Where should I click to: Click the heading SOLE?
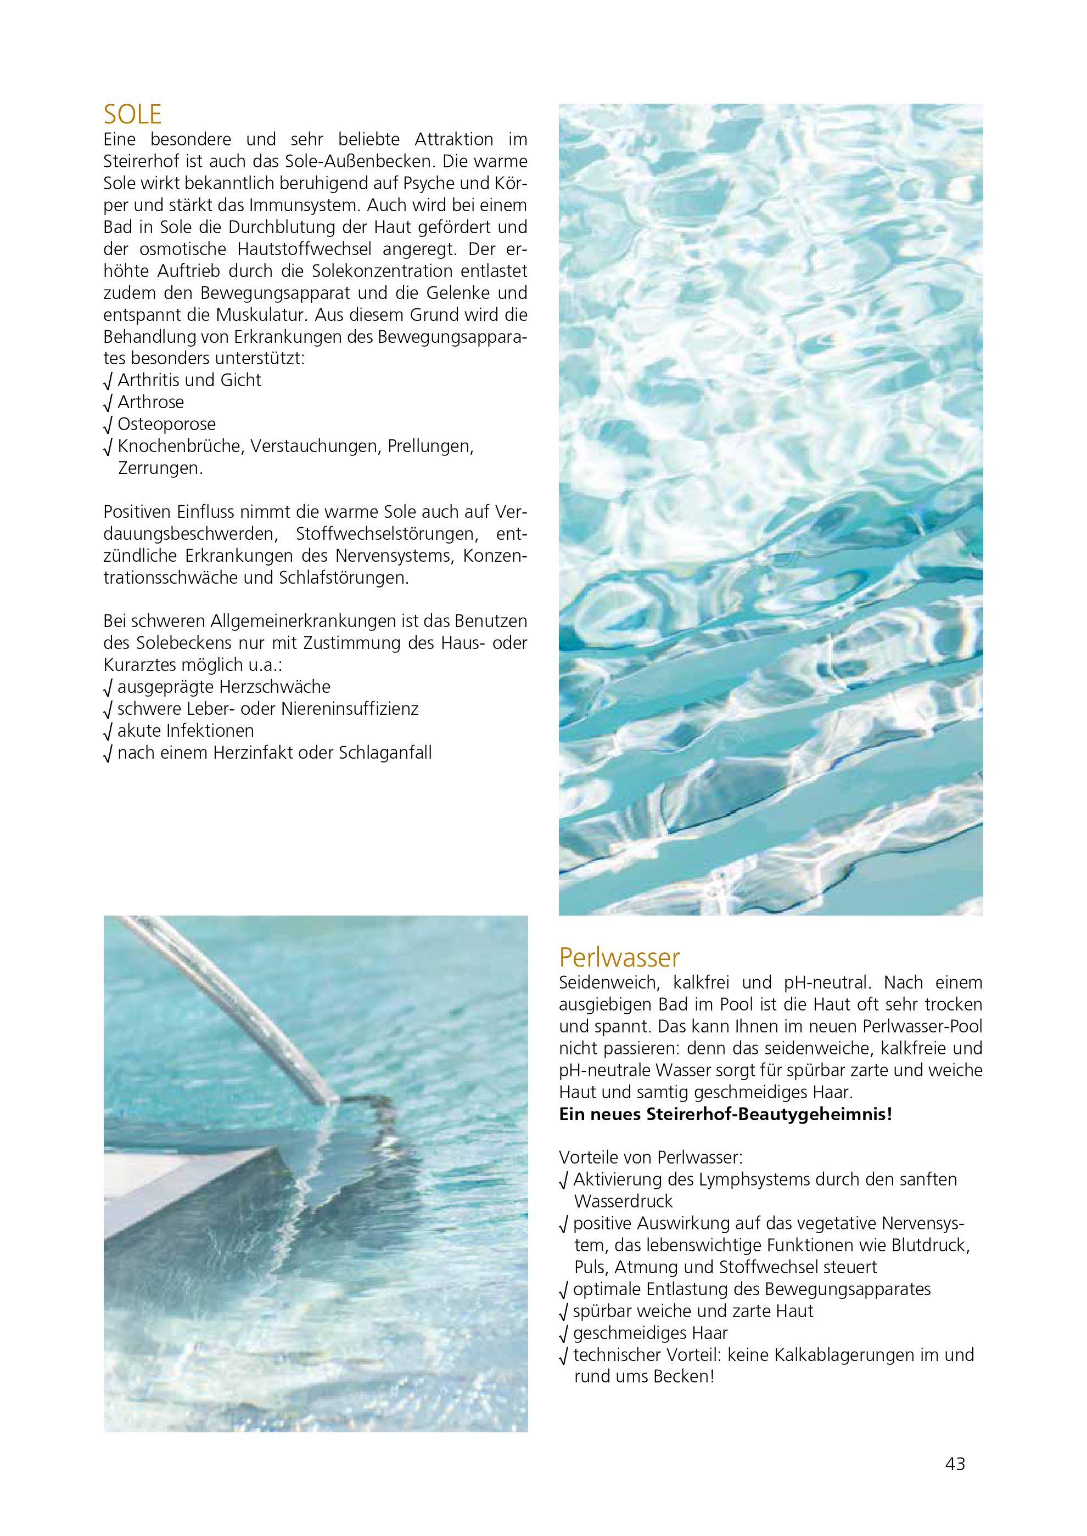132,115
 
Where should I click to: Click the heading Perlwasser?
619,958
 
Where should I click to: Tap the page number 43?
955,1464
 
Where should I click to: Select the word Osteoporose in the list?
167,424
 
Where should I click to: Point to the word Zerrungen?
160,468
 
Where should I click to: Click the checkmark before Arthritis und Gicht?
108,381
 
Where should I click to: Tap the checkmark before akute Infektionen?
108,732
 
